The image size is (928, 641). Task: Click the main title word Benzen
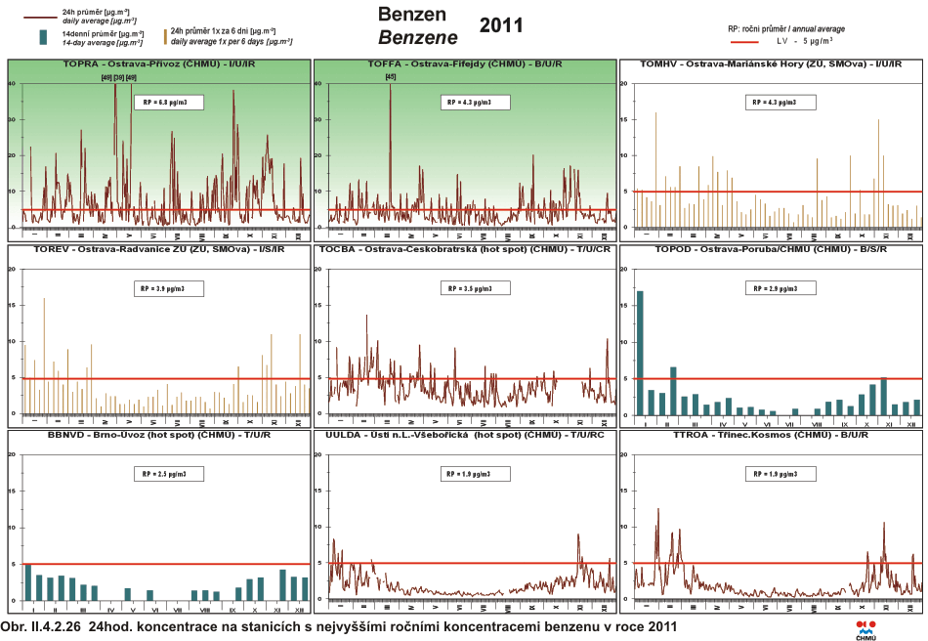pos(412,15)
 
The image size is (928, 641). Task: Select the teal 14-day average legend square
pos(43,37)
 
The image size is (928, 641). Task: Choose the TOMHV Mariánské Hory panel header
pos(770,64)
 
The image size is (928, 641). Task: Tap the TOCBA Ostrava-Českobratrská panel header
pos(464,249)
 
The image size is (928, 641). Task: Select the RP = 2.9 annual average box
pos(779,288)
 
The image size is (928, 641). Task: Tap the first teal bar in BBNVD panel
pos(27,582)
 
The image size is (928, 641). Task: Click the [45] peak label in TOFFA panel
pos(391,77)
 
